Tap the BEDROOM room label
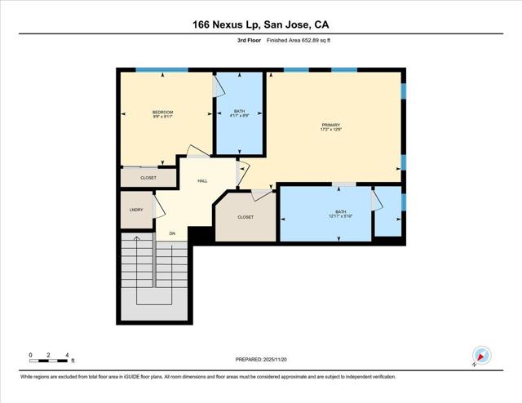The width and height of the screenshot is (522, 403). pyautogui.click(x=162, y=112)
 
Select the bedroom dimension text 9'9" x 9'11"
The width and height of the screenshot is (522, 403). pyautogui.click(x=162, y=117)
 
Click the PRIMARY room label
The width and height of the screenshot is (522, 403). pyautogui.click(x=330, y=125)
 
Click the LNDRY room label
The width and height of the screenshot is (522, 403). pyautogui.click(x=136, y=210)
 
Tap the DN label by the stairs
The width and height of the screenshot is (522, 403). pyautogui.click(x=172, y=234)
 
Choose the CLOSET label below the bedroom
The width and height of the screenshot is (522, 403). pyautogui.click(x=148, y=177)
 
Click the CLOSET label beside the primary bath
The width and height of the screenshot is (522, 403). pyautogui.click(x=246, y=217)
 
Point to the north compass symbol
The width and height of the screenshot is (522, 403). pyautogui.click(x=481, y=356)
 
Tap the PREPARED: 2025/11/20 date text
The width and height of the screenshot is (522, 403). pyautogui.click(x=260, y=359)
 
